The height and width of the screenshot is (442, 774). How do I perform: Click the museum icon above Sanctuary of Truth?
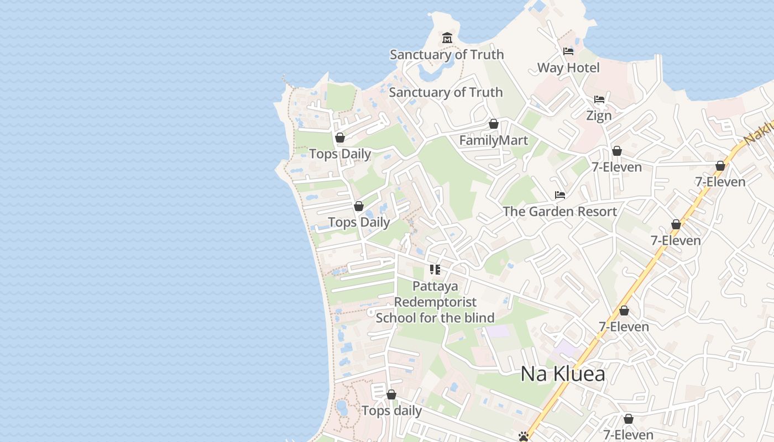coord(447,38)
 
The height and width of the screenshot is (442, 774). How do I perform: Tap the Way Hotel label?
coord(568,68)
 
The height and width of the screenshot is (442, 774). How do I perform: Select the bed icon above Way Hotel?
coord(568,51)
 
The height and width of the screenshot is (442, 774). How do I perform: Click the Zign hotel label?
coord(599,115)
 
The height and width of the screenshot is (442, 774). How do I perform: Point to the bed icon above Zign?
coord(599,99)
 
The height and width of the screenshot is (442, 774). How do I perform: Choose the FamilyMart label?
coord(494,140)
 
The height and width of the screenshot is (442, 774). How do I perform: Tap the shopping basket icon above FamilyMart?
coord(494,124)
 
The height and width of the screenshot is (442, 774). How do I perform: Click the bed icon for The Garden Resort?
coord(560,195)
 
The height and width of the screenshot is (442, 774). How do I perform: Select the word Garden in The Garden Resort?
coord(550,212)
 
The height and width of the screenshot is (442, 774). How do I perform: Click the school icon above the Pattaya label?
coord(435,270)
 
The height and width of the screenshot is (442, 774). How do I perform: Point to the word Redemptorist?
coord(435,302)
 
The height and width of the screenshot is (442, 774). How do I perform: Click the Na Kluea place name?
coord(563,374)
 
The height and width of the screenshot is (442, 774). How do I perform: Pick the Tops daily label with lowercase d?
coord(391,411)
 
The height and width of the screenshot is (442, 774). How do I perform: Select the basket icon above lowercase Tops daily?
coord(391,394)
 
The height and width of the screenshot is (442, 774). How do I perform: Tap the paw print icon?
coord(524,436)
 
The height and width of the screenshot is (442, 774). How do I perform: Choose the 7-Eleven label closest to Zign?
coord(617,167)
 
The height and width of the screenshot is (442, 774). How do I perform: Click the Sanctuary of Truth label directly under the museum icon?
coord(447,55)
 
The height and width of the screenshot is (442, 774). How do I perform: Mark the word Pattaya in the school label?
coord(435,286)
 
